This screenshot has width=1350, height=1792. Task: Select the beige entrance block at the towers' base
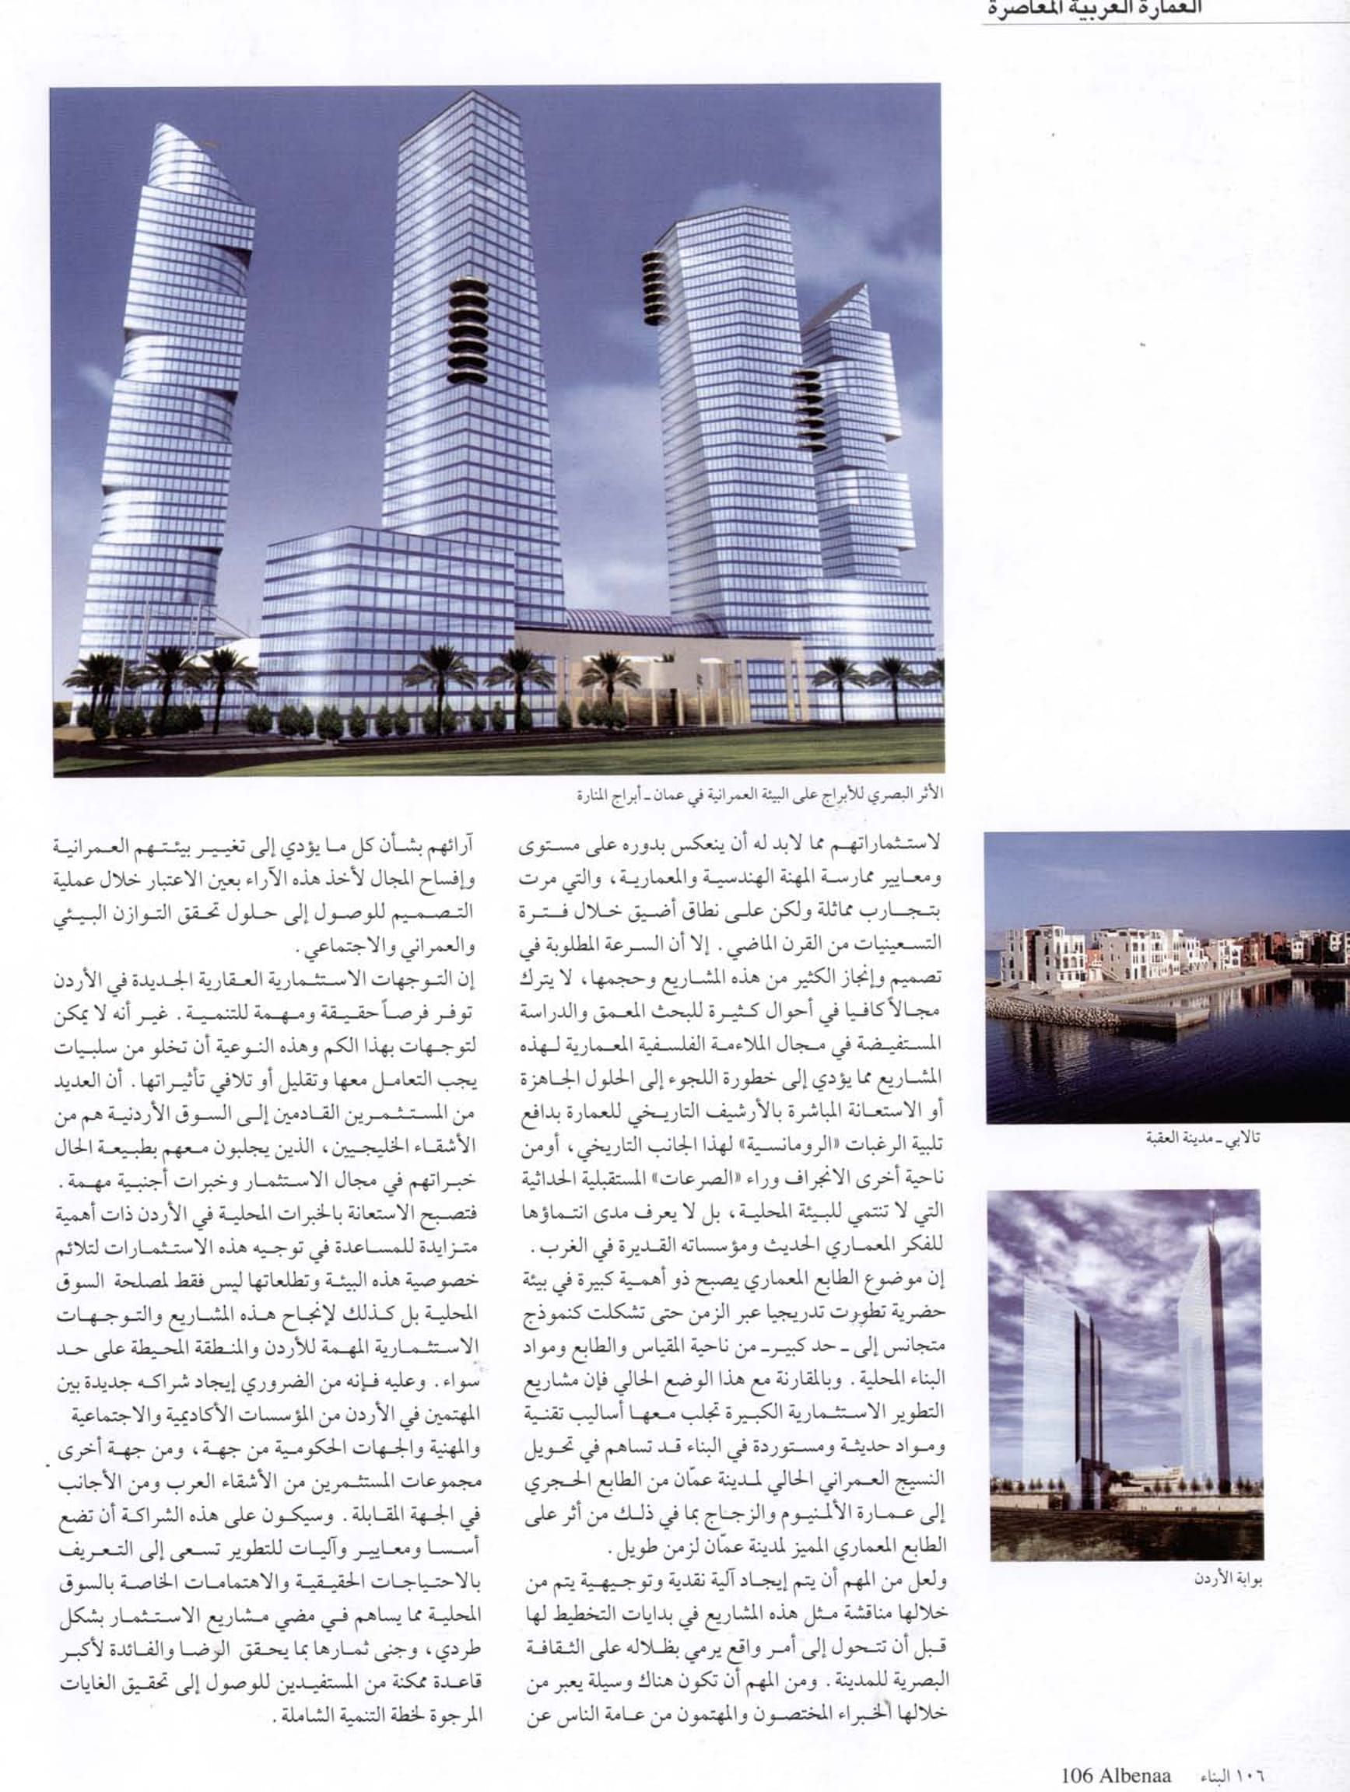657,673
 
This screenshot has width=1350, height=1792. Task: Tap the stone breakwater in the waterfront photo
1045,1013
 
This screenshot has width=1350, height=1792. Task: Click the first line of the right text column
733,844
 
